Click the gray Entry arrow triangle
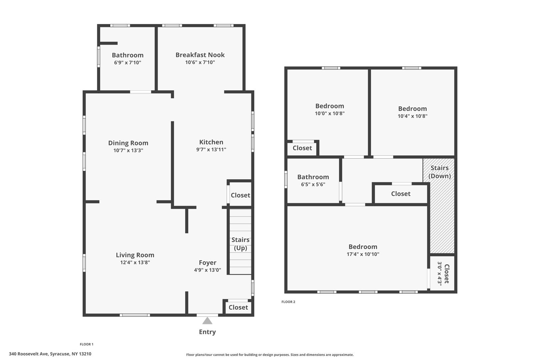[207, 321]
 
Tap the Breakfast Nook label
[200, 55]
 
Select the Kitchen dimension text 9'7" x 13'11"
[211, 149]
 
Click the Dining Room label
[128, 143]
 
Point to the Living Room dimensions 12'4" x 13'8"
[135, 262]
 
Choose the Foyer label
[208, 263]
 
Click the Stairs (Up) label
[240, 244]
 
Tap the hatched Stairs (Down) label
[440, 172]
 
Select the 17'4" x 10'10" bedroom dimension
[363, 254]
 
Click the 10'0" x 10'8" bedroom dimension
[330, 113]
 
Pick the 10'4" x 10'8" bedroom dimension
[412, 116]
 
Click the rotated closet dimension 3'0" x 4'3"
[440, 274]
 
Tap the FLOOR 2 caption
[288, 302]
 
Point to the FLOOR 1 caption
[87, 344]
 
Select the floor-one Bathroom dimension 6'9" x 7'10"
[128, 63]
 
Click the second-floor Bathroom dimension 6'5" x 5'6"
[313, 184]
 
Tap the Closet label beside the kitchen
[240, 195]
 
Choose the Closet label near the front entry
[238, 307]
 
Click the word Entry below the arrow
[207, 332]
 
